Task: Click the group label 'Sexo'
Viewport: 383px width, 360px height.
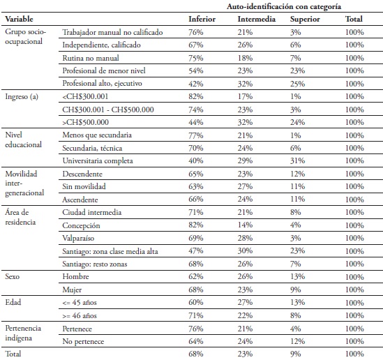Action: click(x=13, y=276)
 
